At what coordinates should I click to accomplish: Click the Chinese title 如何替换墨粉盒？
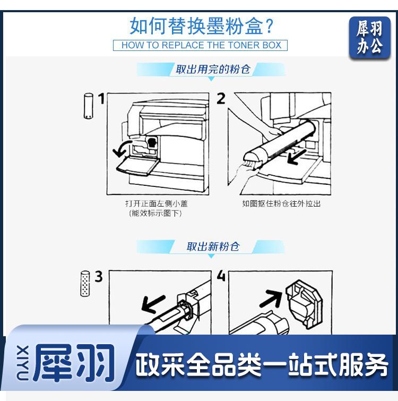pos(202,26)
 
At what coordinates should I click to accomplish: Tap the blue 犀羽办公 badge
pos(370,38)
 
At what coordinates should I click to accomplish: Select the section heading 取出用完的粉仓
pos(212,69)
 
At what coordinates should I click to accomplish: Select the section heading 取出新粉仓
pos(213,247)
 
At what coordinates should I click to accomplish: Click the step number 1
pos(101,99)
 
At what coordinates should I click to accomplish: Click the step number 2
pos(221,99)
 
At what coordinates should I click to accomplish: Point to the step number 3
pos(99,277)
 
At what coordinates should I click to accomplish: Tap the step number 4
pos(221,276)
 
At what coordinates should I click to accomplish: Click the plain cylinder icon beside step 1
pos(89,106)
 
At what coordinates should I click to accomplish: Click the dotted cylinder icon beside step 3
pos(85,284)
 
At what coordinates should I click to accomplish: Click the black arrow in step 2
pos(297,157)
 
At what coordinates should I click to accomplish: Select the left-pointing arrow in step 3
pos(153,304)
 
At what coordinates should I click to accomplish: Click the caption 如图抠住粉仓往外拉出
pos(281,203)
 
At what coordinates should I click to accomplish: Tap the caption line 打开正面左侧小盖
pos(157,203)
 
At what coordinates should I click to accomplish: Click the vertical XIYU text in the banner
pos(22,363)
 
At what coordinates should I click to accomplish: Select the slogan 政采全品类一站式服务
pos(262,365)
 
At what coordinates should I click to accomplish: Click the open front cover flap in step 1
pos(138,166)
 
